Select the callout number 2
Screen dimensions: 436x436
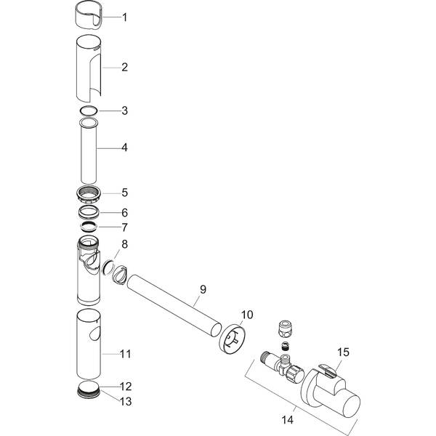124,67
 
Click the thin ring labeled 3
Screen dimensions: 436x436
89,110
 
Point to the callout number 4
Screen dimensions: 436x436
124,148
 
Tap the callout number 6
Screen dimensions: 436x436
124,213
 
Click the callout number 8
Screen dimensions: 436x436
124,245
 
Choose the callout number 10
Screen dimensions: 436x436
246,315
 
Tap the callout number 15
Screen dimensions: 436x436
343,352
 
